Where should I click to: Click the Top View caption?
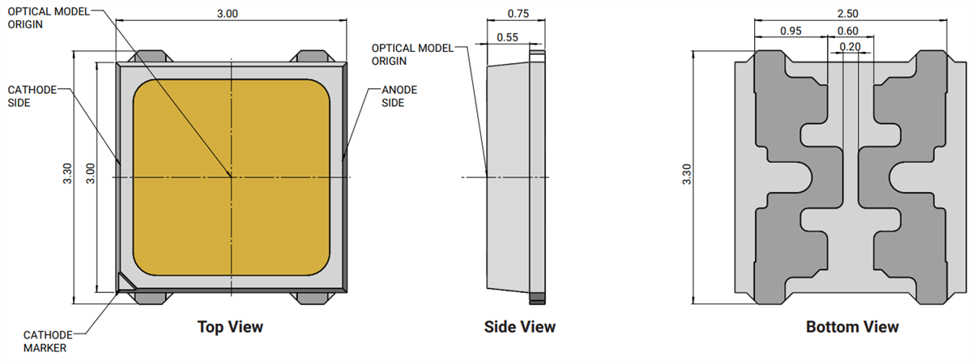pyautogui.click(x=230, y=327)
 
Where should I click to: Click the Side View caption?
pyautogui.click(x=519, y=327)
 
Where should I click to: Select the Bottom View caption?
pyautogui.click(x=852, y=327)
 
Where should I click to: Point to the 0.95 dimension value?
pyautogui.click(x=791, y=31)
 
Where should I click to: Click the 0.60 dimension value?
pyautogui.click(x=847, y=31)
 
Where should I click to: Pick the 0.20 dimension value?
pyautogui.click(x=850, y=47)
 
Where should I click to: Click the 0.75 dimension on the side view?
pyautogui.click(x=518, y=14)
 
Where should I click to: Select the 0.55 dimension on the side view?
pyautogui.click(x=508, y=36)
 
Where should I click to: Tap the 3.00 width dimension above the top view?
pyautogui.click(x=229, y=14)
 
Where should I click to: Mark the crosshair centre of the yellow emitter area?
pyautogui.click(x=232, y=176)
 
